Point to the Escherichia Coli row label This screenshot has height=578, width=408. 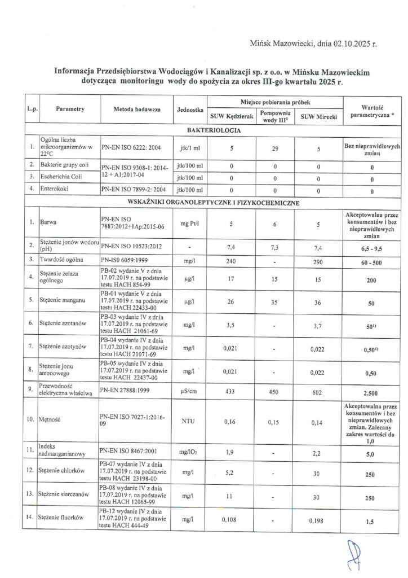(60, 179)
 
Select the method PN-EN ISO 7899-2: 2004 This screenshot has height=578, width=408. (131, 191)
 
